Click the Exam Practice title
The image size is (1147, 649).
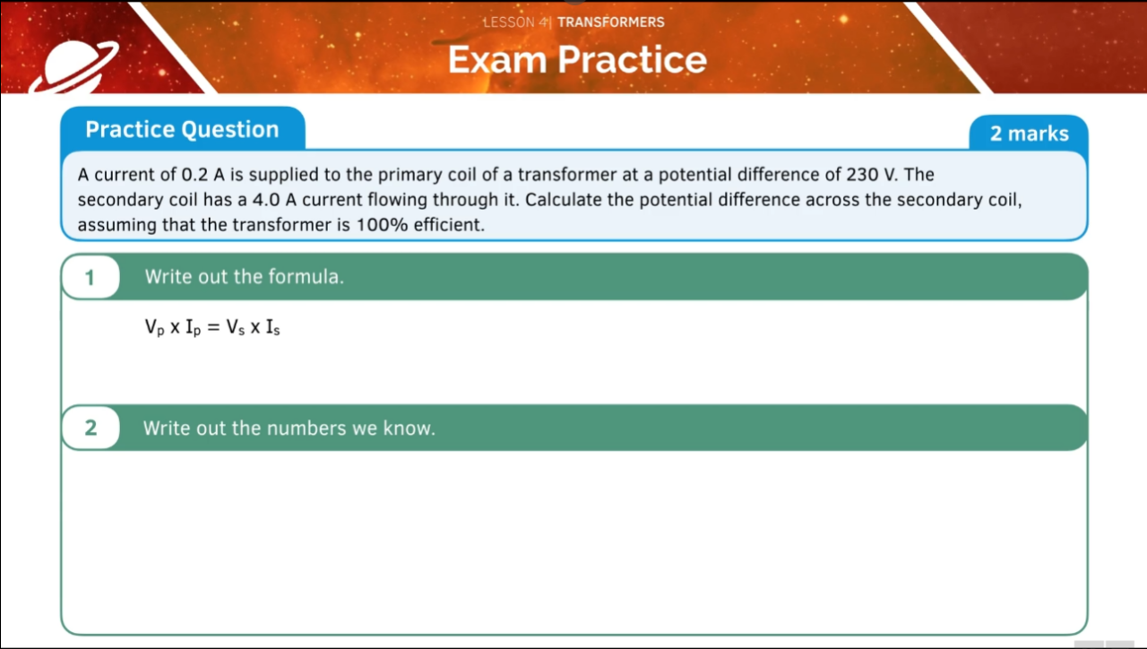(577, 60)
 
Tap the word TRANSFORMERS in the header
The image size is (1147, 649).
(611, 22)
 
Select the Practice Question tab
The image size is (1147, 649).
(182, 130)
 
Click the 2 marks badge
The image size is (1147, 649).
(1029, 134)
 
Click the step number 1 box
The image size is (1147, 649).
(90, 277)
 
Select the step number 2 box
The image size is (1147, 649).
(90, 428)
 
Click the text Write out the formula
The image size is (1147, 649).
(244, 277)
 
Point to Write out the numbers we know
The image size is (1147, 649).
(289, 428)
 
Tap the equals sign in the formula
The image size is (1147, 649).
(213, 329)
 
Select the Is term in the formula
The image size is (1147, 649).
(272, 329)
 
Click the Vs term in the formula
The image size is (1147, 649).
(235, 329)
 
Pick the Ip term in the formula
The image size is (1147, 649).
(193, 329)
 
